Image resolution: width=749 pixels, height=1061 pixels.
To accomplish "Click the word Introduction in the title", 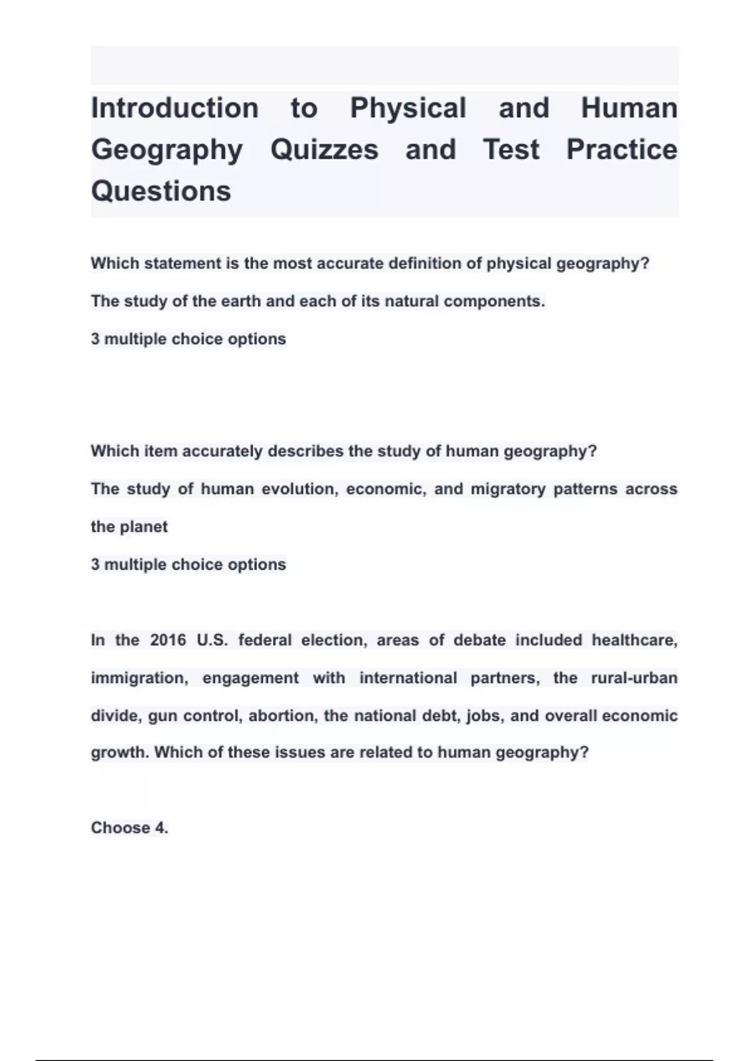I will point(175,108).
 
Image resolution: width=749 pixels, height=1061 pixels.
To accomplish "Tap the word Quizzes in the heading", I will point(324,150).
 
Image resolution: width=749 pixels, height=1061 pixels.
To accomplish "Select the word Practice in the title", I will point(621,150).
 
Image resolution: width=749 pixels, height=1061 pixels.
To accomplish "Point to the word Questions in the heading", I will point(161,191).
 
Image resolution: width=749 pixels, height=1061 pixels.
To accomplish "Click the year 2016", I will point(168,640).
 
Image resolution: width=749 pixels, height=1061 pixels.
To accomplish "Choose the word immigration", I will point(139,678).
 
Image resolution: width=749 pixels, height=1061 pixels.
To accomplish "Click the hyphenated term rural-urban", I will point(634,678).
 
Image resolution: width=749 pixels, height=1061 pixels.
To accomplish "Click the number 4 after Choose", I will point(160,828).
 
